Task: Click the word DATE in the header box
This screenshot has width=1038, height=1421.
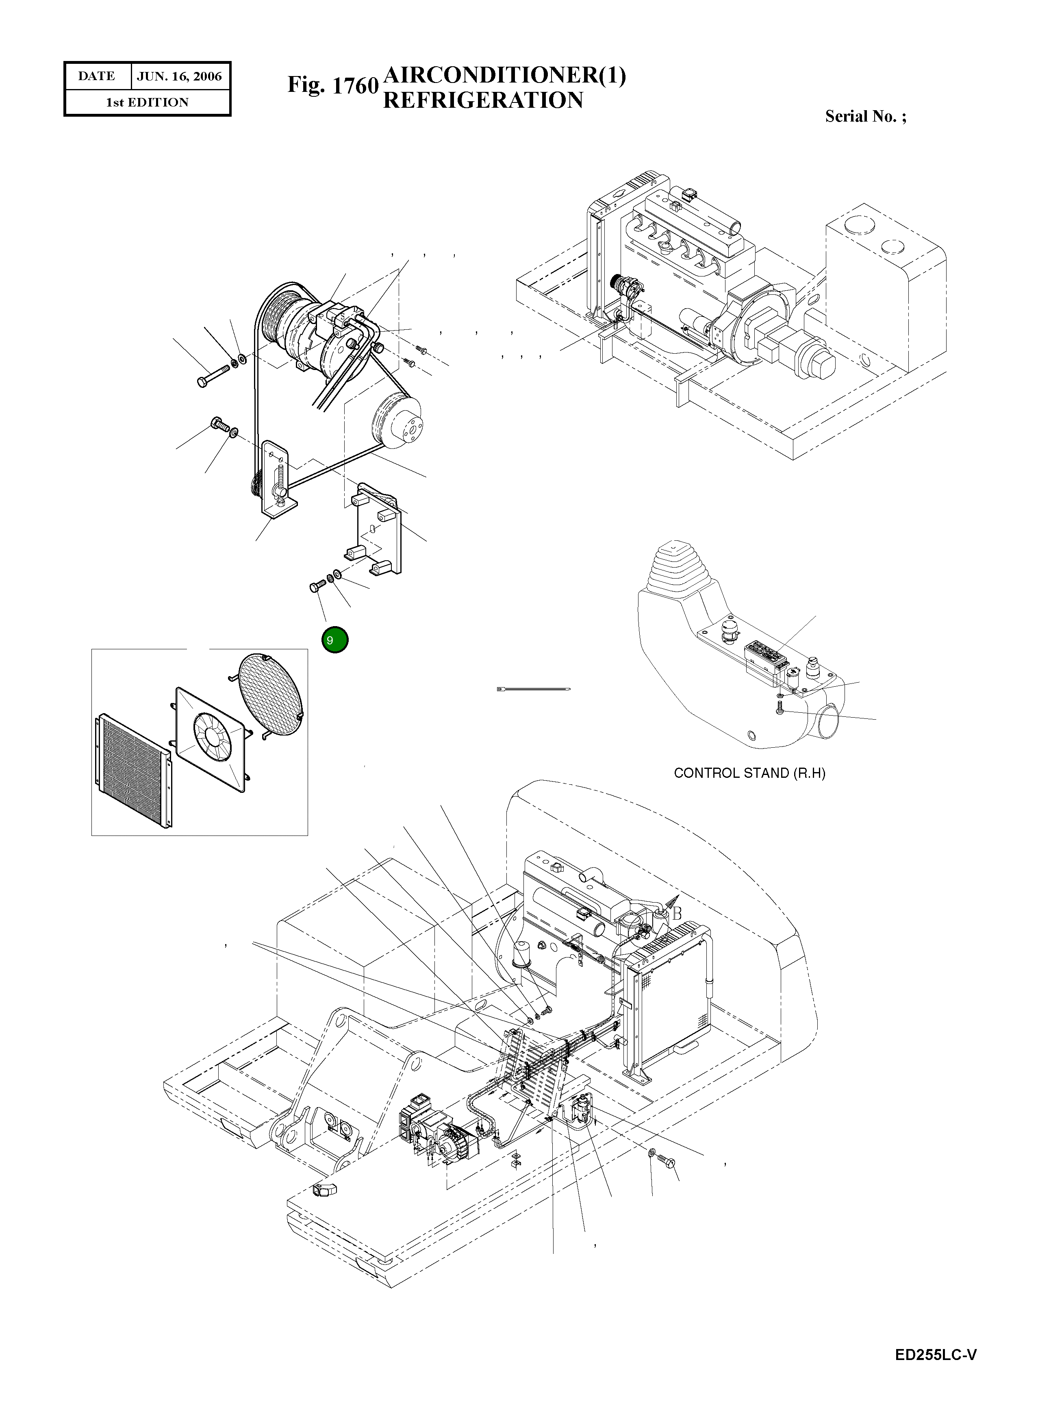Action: point(96,76)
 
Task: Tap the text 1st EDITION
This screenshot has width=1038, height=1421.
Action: point(147,102)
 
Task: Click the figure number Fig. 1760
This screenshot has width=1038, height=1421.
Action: point(332,85)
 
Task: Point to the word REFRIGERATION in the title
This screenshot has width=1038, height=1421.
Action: point(482,100)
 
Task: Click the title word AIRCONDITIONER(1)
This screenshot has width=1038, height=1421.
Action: point(504,75)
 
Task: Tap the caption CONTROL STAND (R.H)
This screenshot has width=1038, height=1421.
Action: point(749,773)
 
